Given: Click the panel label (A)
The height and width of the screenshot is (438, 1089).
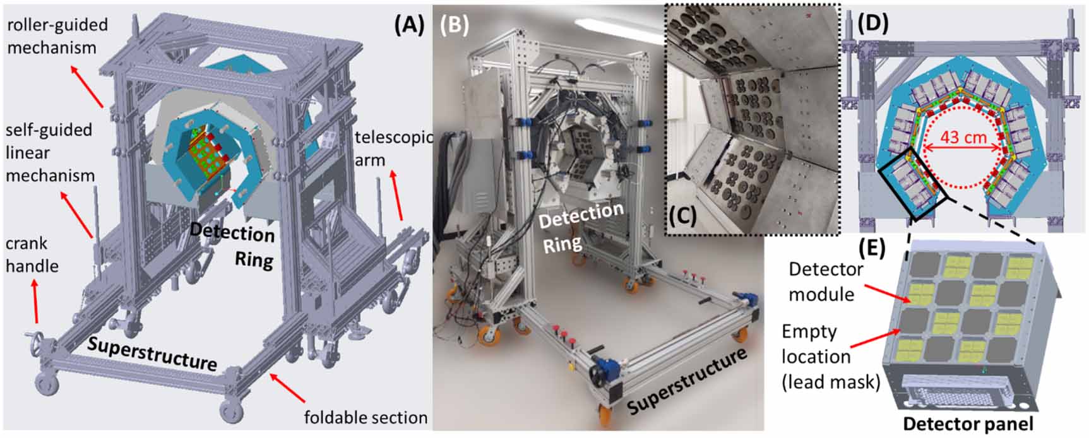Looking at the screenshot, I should tap(408, 25).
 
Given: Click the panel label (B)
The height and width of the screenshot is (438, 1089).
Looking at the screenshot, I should tap(455, 25).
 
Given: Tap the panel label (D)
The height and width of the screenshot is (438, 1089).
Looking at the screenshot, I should tap(872, 23).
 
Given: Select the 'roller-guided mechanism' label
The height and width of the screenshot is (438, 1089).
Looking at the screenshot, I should tap(57, 36).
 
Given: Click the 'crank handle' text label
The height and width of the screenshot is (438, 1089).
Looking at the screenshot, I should tap(32, 254).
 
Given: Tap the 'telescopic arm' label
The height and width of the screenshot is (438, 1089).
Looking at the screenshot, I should tap(391, 148).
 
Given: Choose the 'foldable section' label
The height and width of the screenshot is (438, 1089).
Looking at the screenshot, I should tap(366, 417).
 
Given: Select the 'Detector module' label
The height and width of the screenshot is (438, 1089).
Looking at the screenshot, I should tap(825, 281).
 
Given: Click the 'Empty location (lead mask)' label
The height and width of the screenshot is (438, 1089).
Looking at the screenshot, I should tap(830, 357).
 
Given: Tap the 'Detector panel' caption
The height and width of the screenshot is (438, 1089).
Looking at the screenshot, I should tap(968, 423).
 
